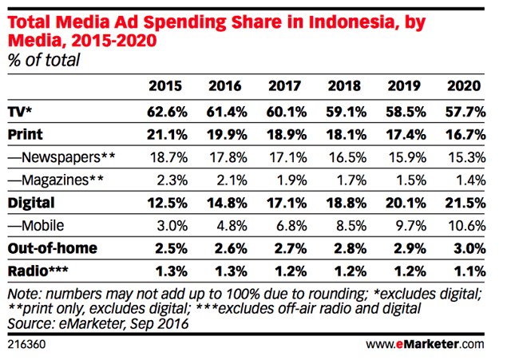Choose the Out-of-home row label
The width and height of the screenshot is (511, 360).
53,247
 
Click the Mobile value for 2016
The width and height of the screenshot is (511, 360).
225,225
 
